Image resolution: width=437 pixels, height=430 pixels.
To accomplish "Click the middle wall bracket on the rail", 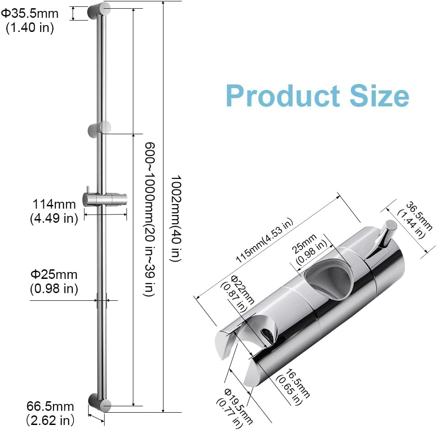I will pyautogui.click(x=100, y=129).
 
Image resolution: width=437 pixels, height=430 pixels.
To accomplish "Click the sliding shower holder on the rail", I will pyautogui.click(x=105, y=199).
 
